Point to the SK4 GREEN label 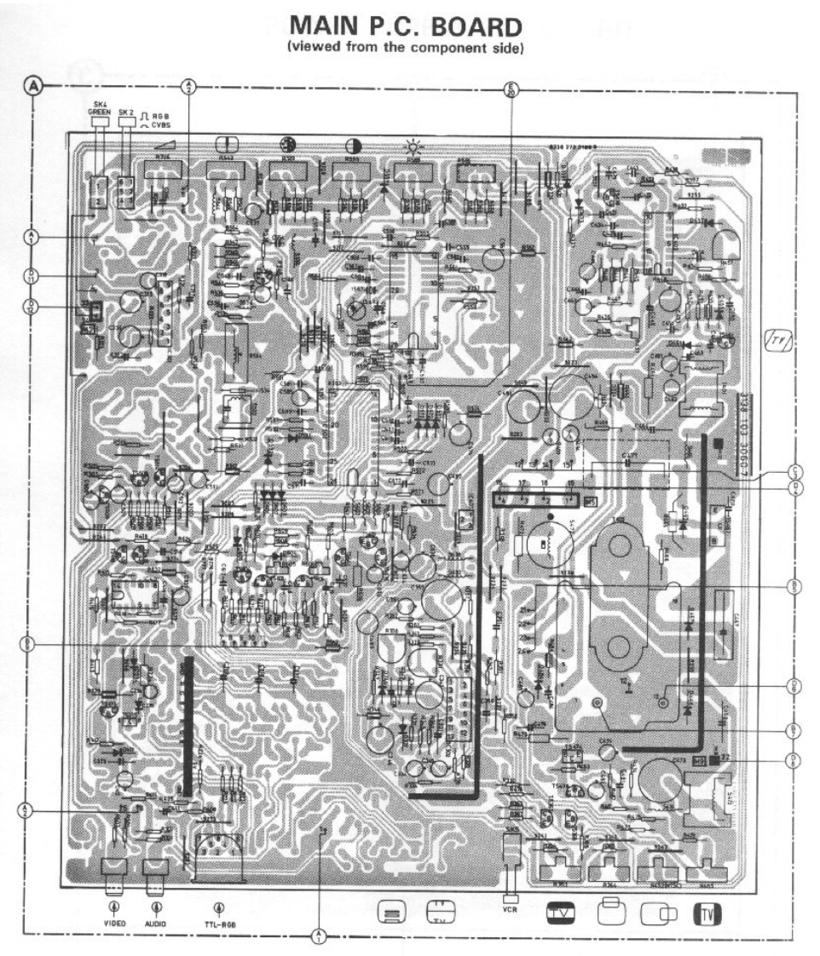coord(100,109)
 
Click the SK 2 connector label coord(127,112)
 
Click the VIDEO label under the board coord(115,923)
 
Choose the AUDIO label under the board coord(155,923)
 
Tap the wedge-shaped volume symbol coord(165,146)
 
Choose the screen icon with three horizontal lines coord(390,913)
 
